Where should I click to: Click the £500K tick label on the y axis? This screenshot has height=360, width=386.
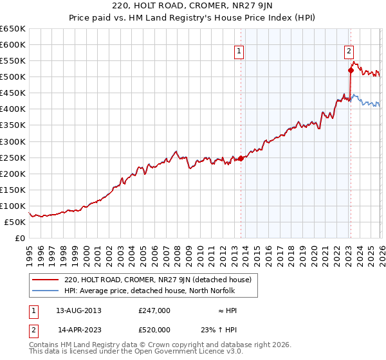click(x=13, y=77)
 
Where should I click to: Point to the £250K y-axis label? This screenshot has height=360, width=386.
click(x=13, y=157)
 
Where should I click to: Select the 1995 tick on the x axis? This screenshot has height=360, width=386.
click(x=29, y=251)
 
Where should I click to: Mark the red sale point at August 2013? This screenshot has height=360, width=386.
click(x=241, y=158)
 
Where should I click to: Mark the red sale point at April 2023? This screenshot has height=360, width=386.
click(x=351, y=70)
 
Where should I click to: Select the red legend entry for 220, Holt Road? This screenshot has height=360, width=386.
click(x=161, y=280)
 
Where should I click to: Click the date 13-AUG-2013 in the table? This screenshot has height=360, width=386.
click(x=78, y=310)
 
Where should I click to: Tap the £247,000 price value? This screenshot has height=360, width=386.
click(x=154, y=310)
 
